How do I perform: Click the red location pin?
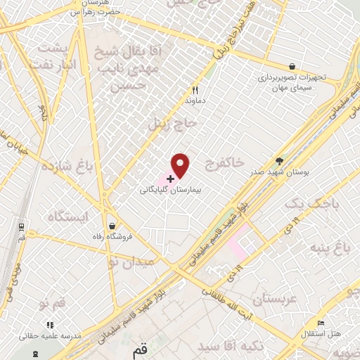(x=181, y=165)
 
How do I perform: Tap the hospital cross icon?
(x=171, y=179)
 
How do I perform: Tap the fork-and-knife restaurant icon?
(x=196, y=90)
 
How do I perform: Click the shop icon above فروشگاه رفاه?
(x=112, y=226)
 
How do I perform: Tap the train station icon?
(x=22, y=227)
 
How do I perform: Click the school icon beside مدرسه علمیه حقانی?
(x=49, y=325)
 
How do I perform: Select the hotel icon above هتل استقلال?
(x=321, y=323)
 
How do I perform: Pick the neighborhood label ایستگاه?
(x=67, y=216)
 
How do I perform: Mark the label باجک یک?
(x=307, y=204)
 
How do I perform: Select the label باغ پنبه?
(x=338, y=247)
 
